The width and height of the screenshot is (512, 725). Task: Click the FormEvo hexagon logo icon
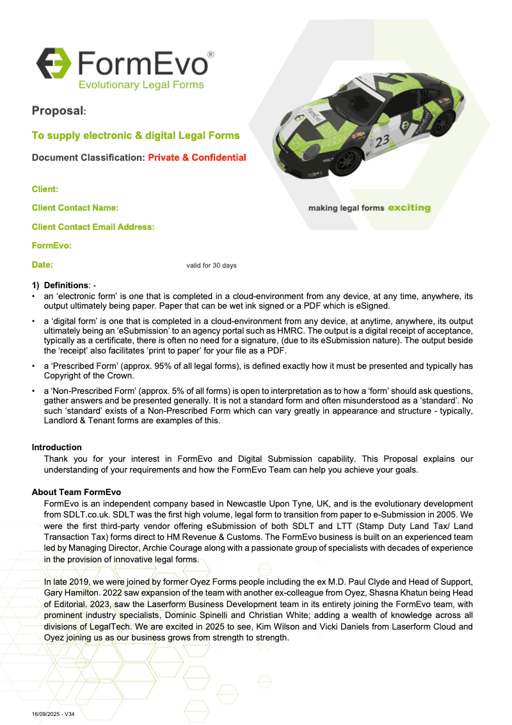53,62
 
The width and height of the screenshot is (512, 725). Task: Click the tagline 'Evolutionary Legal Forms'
141,85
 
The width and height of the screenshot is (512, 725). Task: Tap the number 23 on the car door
383,141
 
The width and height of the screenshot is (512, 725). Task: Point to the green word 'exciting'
409,208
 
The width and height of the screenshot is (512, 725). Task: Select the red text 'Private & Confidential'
197,158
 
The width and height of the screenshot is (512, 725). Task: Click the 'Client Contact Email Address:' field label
93,227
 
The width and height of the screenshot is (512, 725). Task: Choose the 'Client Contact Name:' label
76,208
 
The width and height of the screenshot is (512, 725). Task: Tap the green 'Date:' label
42,265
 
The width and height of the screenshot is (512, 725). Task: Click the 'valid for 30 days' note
211,266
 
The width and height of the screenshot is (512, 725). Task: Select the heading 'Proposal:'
59,111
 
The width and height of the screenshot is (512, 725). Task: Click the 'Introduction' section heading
57,447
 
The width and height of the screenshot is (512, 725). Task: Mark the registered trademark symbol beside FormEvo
211,55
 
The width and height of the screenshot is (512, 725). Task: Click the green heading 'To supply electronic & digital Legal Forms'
136,136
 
